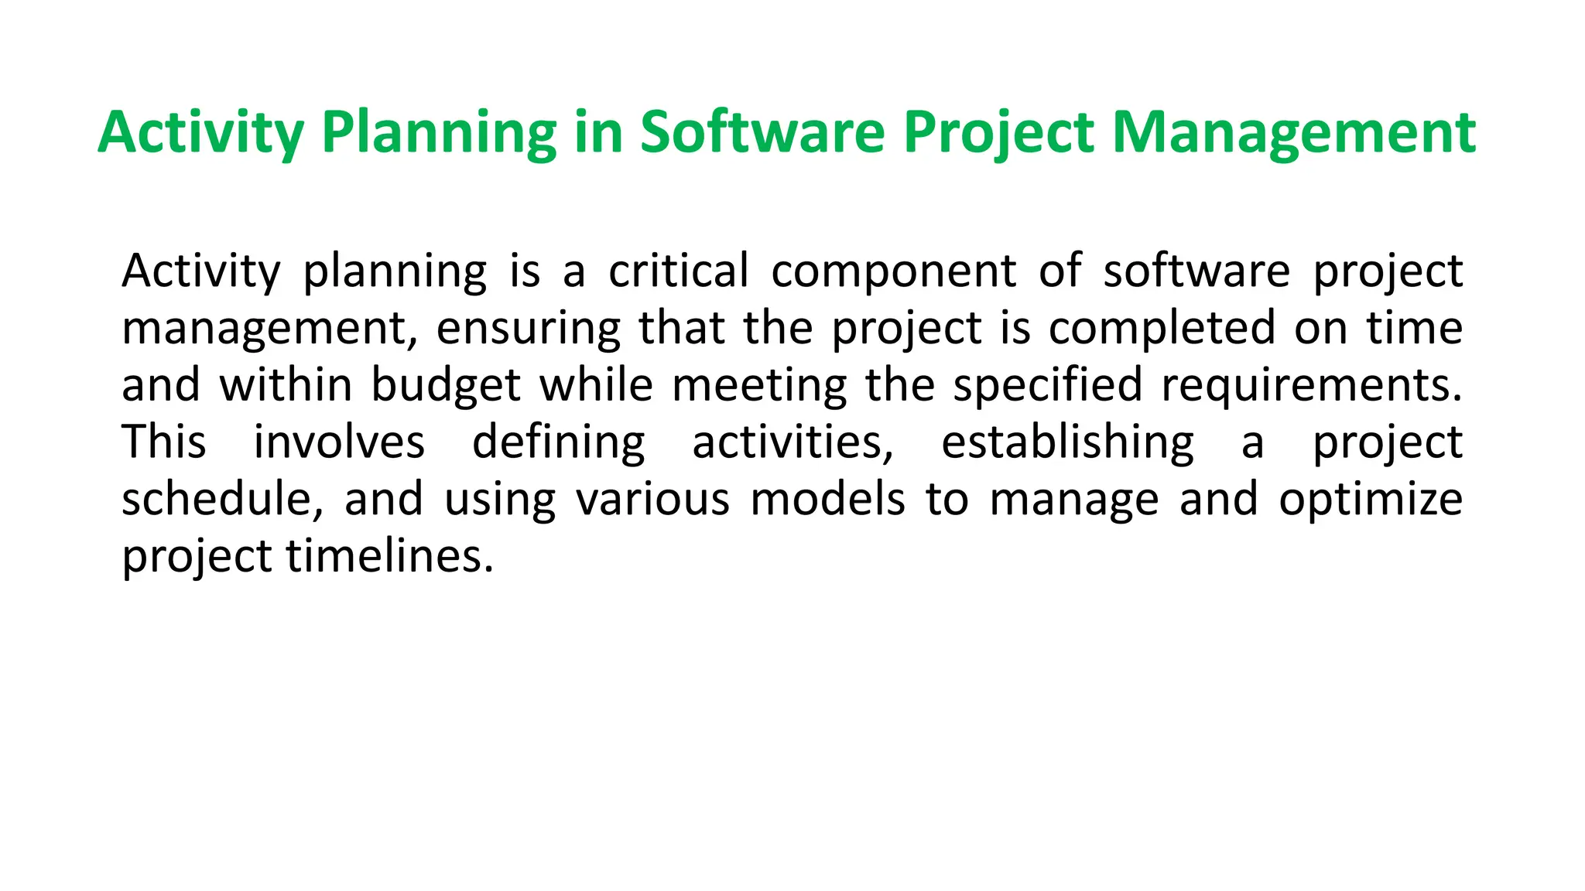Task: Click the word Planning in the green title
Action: (x=438, y=133)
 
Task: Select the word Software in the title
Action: (x=762, y=133)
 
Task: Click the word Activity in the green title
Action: (x=200, y=133)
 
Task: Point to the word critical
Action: (x=678, y=271)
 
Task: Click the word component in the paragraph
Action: (x=893, y=271)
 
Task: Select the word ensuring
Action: (x=528, y=329)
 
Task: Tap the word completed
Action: (x=1162, y=329)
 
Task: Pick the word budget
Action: (x=446, y=386)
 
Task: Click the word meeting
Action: (x=759, y=386)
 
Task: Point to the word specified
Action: (x=1047, y=386)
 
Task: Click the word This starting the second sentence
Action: (x=164, y=442)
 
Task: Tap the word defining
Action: (x=558, y=442)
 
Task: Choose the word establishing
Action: (x=1067, y=442)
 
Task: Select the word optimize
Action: (x=1370, y=500)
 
